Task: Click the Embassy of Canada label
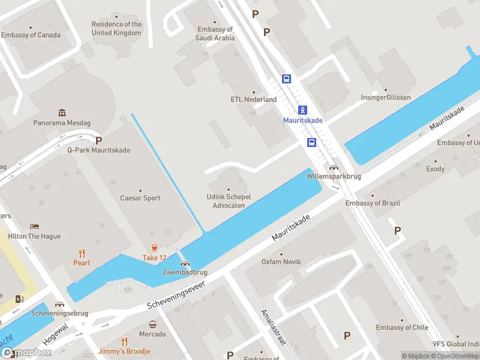point(31,35)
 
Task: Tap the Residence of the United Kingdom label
point(116,29)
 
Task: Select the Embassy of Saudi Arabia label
point(215,34)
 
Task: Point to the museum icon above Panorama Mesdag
point(62,113)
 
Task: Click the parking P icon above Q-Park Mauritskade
point(98,140)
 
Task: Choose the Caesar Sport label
point(140,198)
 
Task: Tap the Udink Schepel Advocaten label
point(229,201)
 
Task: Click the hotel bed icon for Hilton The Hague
point(35,227)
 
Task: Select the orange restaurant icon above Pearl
point(82,253)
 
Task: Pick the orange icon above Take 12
point(154,248)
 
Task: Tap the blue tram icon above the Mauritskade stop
point(304,110)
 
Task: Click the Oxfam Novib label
point(281,262)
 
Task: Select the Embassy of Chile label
point(402,328)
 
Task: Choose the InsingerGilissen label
point(386,97)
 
